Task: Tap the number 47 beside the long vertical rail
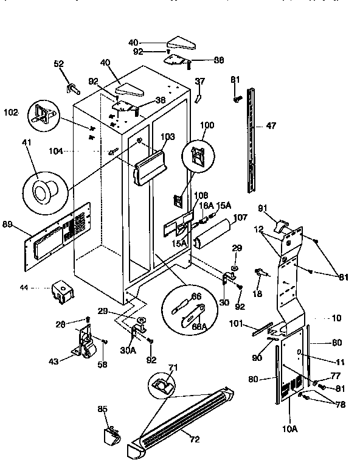coord(271,127)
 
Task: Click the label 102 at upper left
coord(11,112)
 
